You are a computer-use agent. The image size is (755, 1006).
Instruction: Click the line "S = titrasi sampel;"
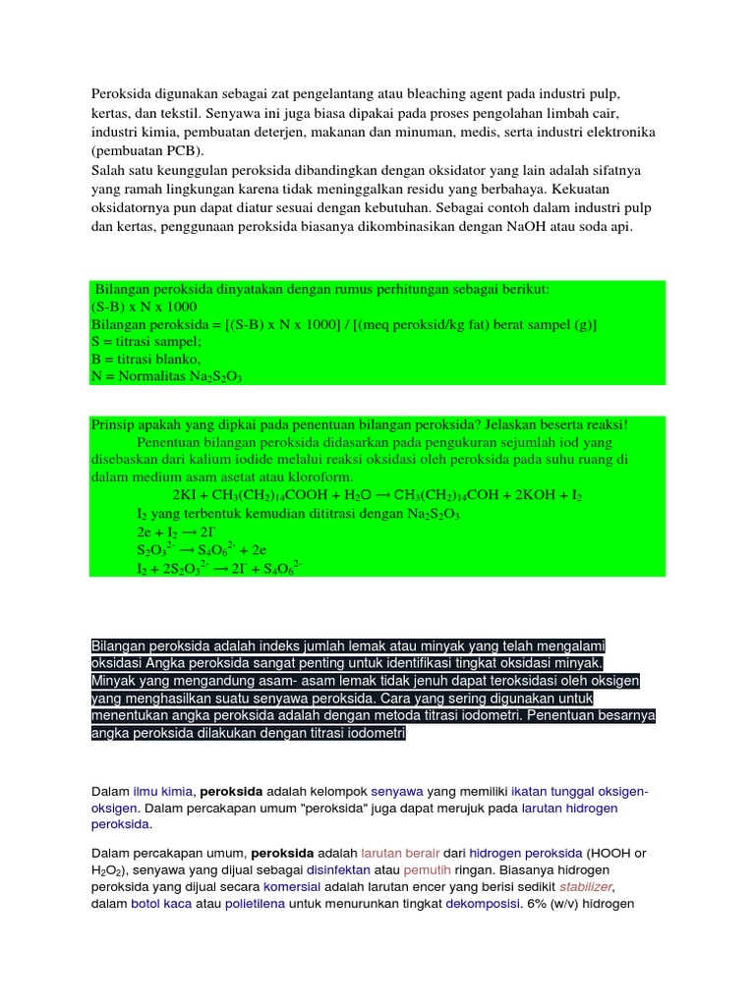pos(145,341)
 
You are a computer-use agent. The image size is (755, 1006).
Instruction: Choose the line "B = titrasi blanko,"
pos(145,359)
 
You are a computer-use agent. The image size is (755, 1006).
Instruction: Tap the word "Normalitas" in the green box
pos(153,376)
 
